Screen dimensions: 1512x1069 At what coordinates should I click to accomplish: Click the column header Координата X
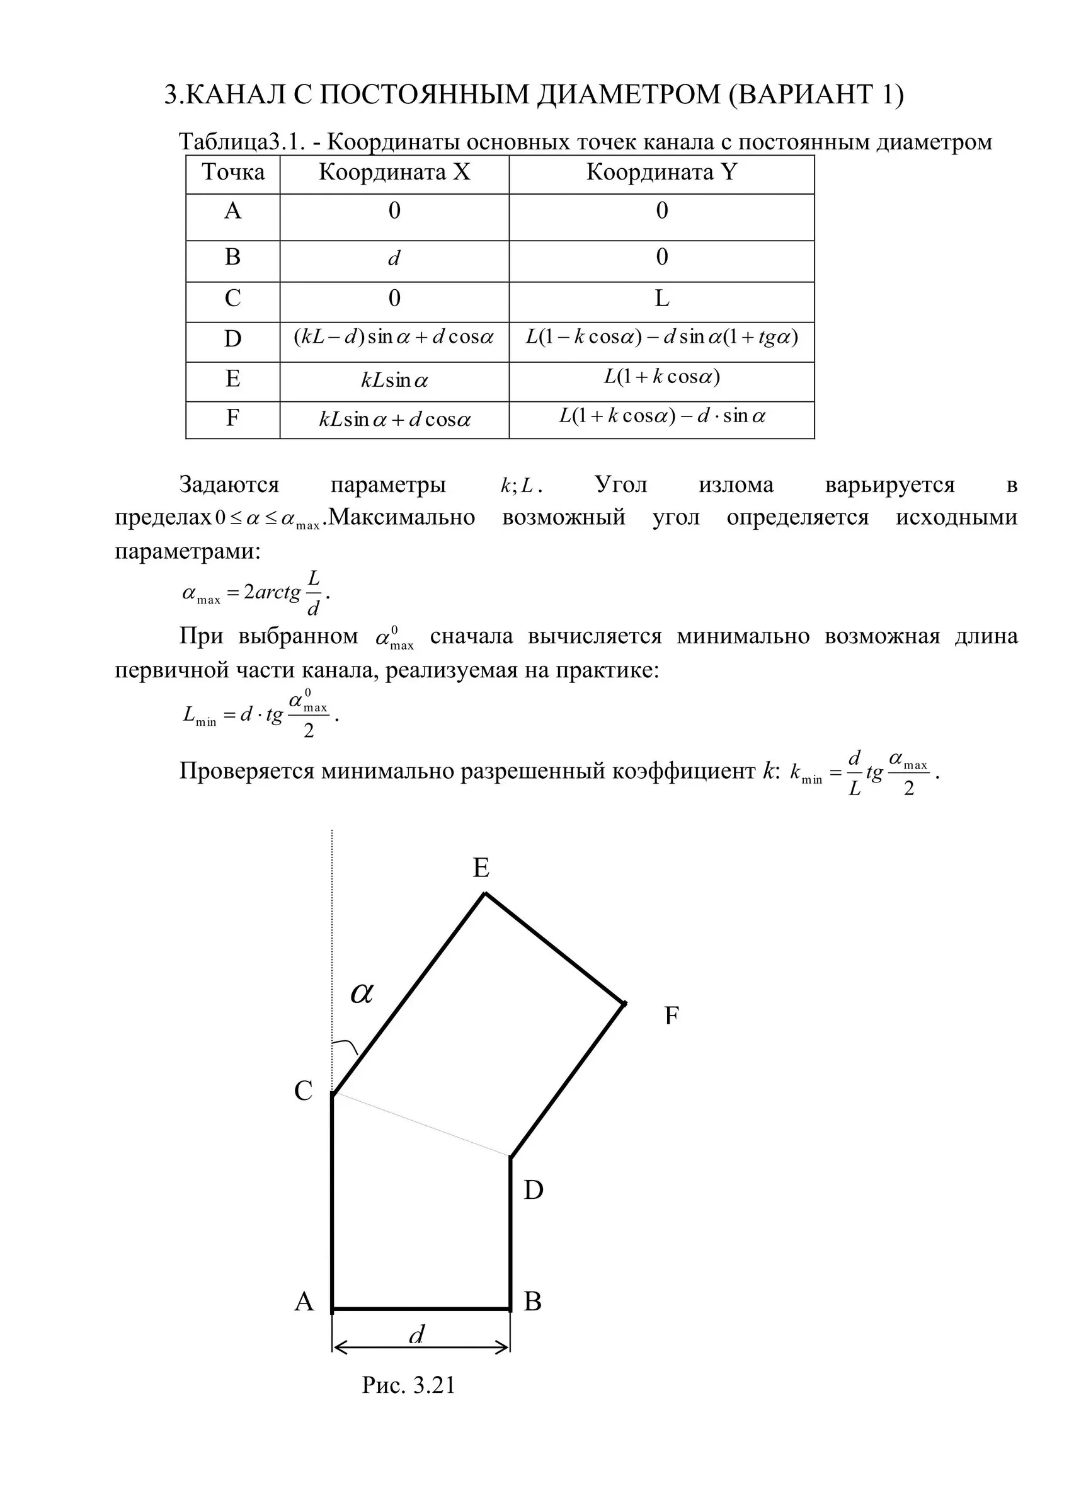tap(394, 173)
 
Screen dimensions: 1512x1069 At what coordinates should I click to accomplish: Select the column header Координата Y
tap(661, 173)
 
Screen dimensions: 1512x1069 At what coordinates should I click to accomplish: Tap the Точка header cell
tap(232, 173)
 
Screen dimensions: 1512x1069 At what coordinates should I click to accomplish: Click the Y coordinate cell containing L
tap(661, 300)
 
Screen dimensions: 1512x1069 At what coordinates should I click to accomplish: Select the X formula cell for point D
tap(394, 338)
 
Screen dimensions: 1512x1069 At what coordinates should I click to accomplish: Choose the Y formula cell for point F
tap(661, 417)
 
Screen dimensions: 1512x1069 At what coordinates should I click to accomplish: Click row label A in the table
tap(232, 212)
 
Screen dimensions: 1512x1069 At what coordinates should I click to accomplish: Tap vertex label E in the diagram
tap(481, 868)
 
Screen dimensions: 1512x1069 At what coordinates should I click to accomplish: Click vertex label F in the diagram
tap(671, 1016)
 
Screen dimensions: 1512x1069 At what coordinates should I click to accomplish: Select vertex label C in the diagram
tap(303, 1091)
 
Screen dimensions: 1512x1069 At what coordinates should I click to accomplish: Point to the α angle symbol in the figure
tap(362, 992)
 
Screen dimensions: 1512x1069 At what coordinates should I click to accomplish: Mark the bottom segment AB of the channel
tap(421, 1309)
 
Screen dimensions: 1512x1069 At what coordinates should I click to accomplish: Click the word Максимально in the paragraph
tap(402, 518)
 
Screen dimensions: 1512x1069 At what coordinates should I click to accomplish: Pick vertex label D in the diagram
tap(533, 1191)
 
